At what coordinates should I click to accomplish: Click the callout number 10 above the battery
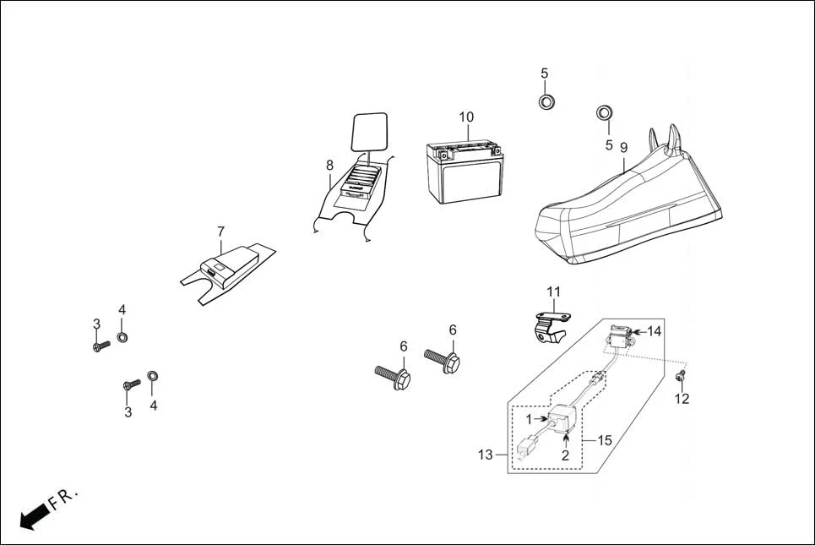466,117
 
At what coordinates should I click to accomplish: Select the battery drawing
465,172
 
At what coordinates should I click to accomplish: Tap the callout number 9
624,147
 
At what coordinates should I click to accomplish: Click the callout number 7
220,231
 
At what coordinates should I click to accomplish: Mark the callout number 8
329,165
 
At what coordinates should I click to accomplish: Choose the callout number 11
553,292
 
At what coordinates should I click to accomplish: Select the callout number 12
682,399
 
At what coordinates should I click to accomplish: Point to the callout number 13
485,455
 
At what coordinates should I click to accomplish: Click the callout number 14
655,331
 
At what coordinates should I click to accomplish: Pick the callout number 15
604,439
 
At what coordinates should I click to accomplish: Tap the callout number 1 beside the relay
530,419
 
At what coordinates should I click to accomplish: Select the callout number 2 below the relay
565,455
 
